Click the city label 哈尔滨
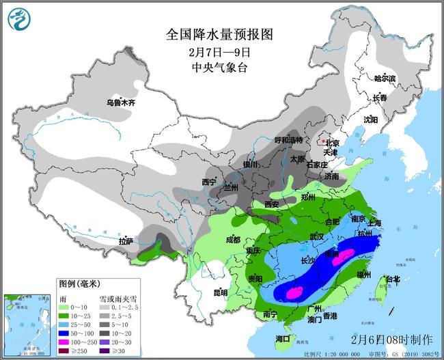[x=385, y=79]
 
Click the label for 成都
[x=233, y=240]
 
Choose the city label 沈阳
[x=370, y=119]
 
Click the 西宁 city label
[x=209, y=182]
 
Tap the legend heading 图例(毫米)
[x=74, y=282]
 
